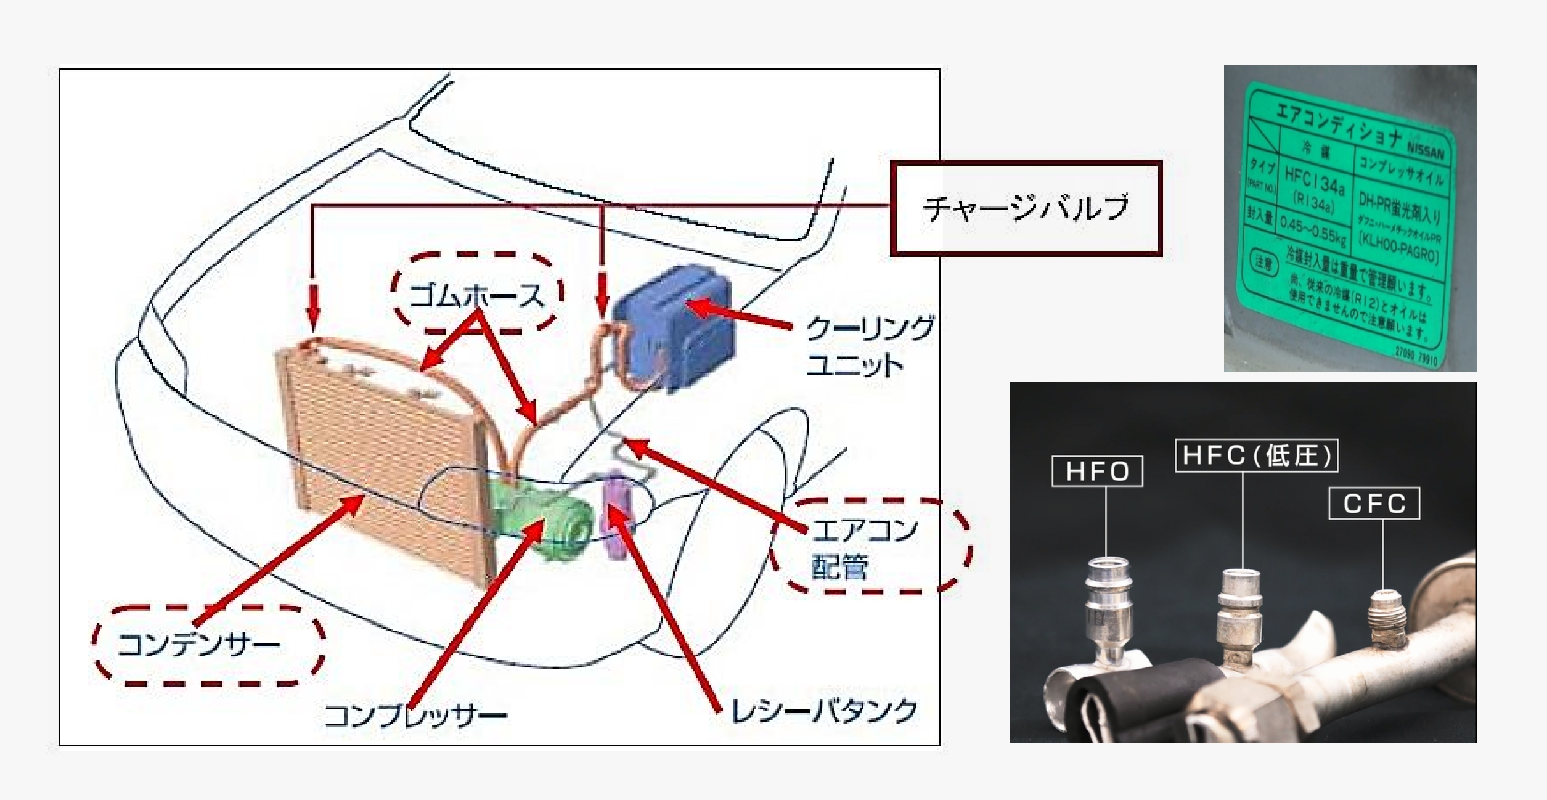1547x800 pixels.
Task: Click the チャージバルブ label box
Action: (x=1026, y=208)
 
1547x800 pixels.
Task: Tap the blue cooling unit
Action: (x=675, y=327)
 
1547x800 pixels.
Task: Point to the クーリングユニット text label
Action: (x=869, y=345)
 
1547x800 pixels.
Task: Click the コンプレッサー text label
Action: (x=414, y=715)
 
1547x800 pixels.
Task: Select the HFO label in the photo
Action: (x=1097, y=471)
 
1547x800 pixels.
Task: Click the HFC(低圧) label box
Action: (x=1256, y=455)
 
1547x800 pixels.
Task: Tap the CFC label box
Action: (x=1374, y=504)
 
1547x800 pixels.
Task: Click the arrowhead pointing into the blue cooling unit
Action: (x=696, y=305)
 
